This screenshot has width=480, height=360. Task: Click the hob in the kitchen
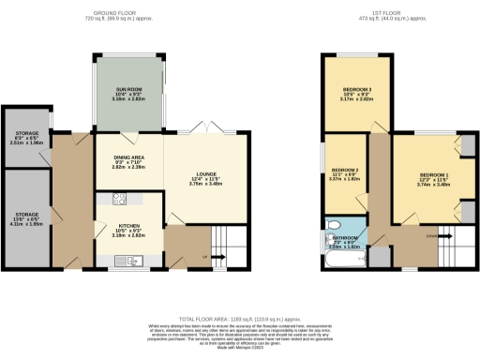pos(119,198)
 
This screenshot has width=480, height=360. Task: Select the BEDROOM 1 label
pos(434,176)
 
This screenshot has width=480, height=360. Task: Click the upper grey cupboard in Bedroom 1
pos(467,145)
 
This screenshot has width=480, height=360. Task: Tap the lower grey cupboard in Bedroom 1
pos(467,209)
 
